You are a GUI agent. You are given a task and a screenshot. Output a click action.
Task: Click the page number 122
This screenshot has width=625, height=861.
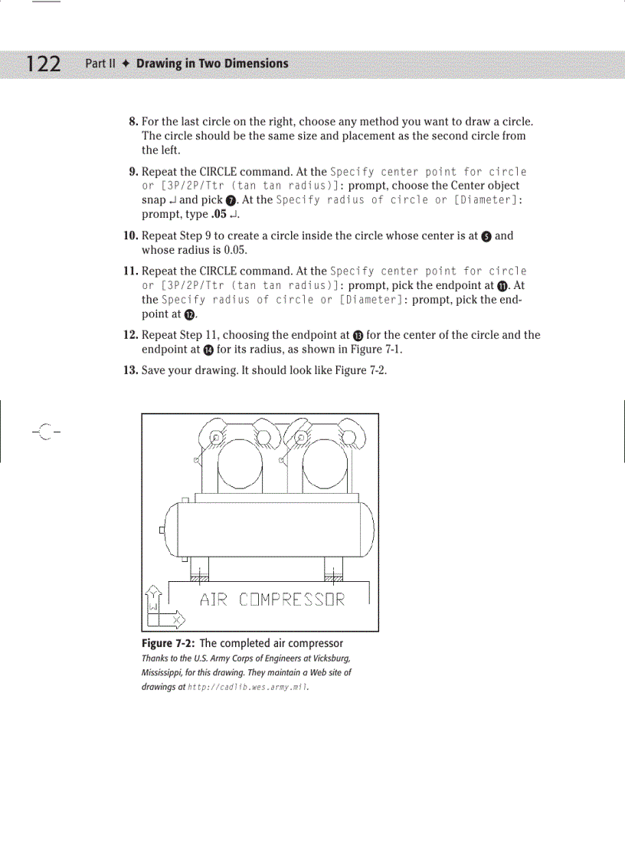(x=44, y=64)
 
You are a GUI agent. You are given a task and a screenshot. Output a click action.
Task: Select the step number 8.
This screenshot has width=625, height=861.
(x=133, y=122)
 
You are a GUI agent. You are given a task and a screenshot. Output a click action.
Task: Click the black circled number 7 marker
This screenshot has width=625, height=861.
(x=230, y=200)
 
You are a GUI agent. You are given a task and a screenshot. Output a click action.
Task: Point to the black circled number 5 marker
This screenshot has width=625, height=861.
(x=486, y=236)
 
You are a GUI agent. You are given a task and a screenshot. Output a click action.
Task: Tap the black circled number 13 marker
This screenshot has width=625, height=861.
(x=358, y=335)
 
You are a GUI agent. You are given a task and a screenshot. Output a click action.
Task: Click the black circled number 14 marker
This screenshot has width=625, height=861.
(x=208, y=350)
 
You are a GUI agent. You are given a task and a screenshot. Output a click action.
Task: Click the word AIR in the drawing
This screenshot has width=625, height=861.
(x=214, y=599)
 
